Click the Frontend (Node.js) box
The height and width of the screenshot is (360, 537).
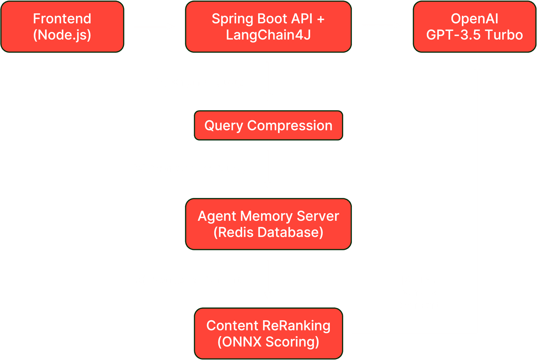[x=62, y=27]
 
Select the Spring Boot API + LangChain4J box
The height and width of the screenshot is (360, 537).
[x=268, y=27]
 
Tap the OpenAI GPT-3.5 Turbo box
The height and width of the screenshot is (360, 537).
[x=474, y=27]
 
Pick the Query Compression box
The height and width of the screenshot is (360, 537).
[x=268, y=126]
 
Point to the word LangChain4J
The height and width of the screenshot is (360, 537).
[x=268, y=34]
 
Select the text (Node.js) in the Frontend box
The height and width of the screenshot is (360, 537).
[x=62, y=34]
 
